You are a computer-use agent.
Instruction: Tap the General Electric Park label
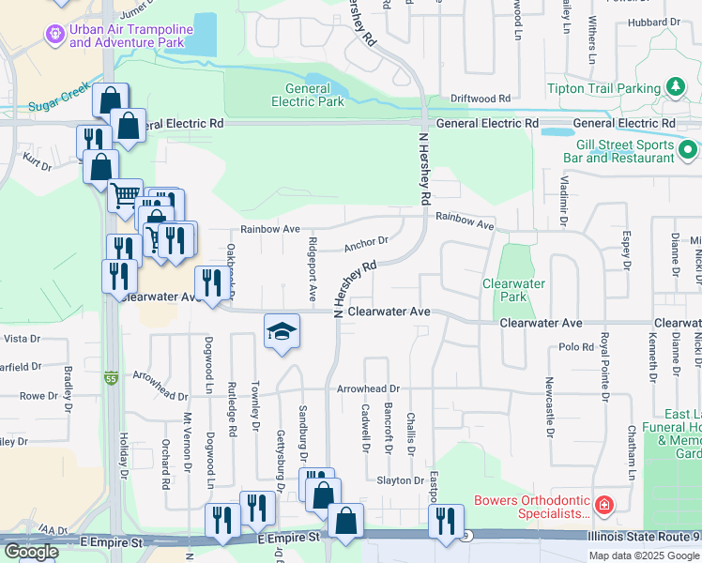pos(307,96)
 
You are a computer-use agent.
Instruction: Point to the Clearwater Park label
pos(513,289)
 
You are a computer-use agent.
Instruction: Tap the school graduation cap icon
pos(281,332)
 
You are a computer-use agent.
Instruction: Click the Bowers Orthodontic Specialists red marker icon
pos(604,506)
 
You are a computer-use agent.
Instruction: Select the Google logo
pos(32,551)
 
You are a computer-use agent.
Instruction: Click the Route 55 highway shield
pos(111,349)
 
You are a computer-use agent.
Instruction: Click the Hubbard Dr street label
pos(654,22)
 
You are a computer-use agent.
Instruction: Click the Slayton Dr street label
pos(401,480)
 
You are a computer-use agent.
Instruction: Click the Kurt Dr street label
pos(38,163)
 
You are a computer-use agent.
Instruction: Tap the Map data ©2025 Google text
pos(643,555)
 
